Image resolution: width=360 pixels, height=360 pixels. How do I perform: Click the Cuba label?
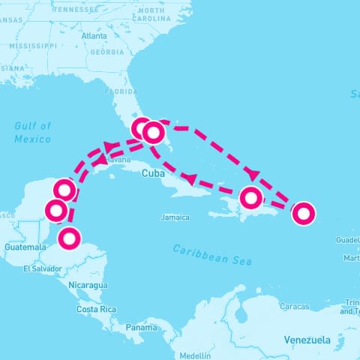tap(152, 173)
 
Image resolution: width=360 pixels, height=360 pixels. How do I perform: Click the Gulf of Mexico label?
tap(32, 133)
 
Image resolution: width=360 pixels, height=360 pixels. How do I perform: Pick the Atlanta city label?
tap(94, 35)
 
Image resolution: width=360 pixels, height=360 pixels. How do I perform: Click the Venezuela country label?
tap(307, 340)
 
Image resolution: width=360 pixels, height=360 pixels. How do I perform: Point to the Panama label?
tap(141, 328)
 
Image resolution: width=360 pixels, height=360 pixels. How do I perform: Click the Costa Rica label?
tap(97, 309)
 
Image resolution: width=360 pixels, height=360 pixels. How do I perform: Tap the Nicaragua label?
tap(87, 285)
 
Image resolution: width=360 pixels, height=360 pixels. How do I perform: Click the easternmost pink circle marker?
tap(303, 214)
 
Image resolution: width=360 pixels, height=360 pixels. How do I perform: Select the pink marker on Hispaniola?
tap(251, 198)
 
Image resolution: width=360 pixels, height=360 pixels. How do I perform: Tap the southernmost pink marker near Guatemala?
tap(68, 238)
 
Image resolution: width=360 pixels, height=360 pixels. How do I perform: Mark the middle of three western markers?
tap(55, 209)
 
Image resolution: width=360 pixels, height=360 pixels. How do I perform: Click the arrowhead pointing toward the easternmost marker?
tap(252, 174)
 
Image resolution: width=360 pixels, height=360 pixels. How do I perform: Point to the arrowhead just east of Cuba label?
tap(190, 179)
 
